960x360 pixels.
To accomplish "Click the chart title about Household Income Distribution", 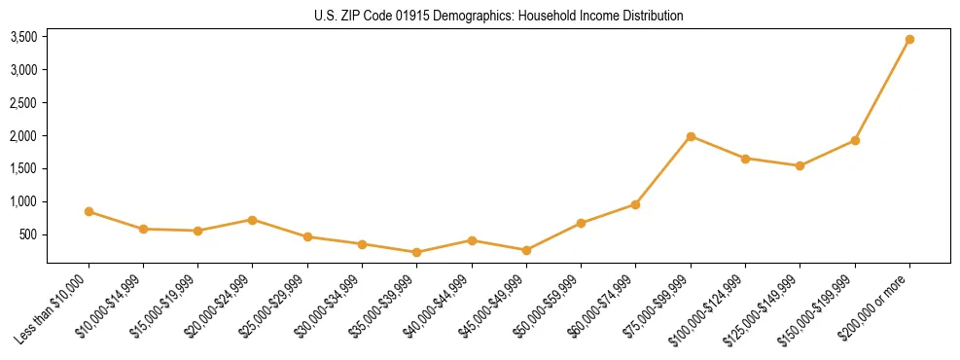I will tap(498, 16).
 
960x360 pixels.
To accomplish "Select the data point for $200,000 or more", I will tap(909, 40).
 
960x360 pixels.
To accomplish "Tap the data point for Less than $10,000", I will tap(89, 211).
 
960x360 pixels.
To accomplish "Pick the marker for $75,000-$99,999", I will tap(691, 136).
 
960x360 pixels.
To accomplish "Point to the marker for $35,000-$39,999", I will tap(416, 252).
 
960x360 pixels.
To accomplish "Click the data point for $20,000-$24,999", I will tap(253, 220).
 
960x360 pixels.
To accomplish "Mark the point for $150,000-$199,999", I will tap(855, 140).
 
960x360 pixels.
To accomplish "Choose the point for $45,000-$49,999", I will tap(526, 250).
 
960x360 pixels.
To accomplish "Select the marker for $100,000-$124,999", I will tap(745, 159).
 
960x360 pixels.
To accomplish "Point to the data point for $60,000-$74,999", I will tap(635, 204).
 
